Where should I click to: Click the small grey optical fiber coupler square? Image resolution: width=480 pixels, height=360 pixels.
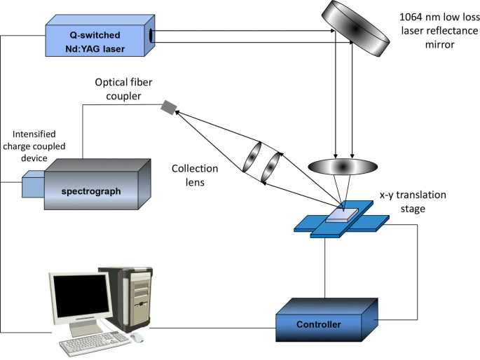pos(168,107)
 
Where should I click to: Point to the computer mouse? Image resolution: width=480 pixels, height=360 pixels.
pos(137,338)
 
